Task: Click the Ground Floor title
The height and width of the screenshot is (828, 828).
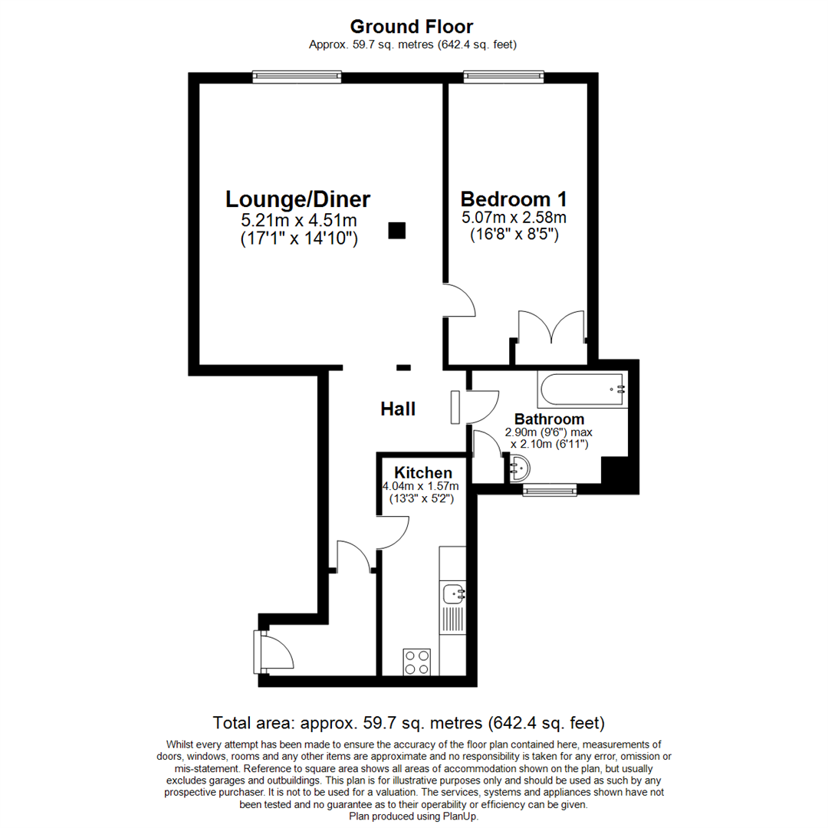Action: click(412, 26)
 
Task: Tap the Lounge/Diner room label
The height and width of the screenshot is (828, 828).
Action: click(297, 199)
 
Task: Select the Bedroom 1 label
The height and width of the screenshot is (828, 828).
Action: click(514, 199)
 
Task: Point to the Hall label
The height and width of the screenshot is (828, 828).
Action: click(398, 409)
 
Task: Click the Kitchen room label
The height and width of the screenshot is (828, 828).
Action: click(423, 472)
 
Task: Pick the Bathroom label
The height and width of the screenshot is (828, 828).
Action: click(549, 419)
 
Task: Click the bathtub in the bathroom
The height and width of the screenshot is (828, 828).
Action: click(583, 389)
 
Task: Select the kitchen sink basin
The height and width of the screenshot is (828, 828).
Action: click(454, 593)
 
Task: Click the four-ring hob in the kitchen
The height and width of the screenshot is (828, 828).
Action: click(416, 662)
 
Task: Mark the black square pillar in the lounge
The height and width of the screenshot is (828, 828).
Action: click(397, 231)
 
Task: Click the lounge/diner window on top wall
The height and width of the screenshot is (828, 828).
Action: click(297, 77)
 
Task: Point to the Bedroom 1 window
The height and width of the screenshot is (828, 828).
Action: click(504, 77)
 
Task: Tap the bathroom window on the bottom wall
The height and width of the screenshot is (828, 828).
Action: click(550, 491)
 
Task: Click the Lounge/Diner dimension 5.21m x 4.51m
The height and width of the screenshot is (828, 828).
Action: click(299, 220)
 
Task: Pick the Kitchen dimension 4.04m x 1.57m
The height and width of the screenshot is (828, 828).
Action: click(421, 486)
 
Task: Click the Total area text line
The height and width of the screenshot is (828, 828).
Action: click(409, 722)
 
